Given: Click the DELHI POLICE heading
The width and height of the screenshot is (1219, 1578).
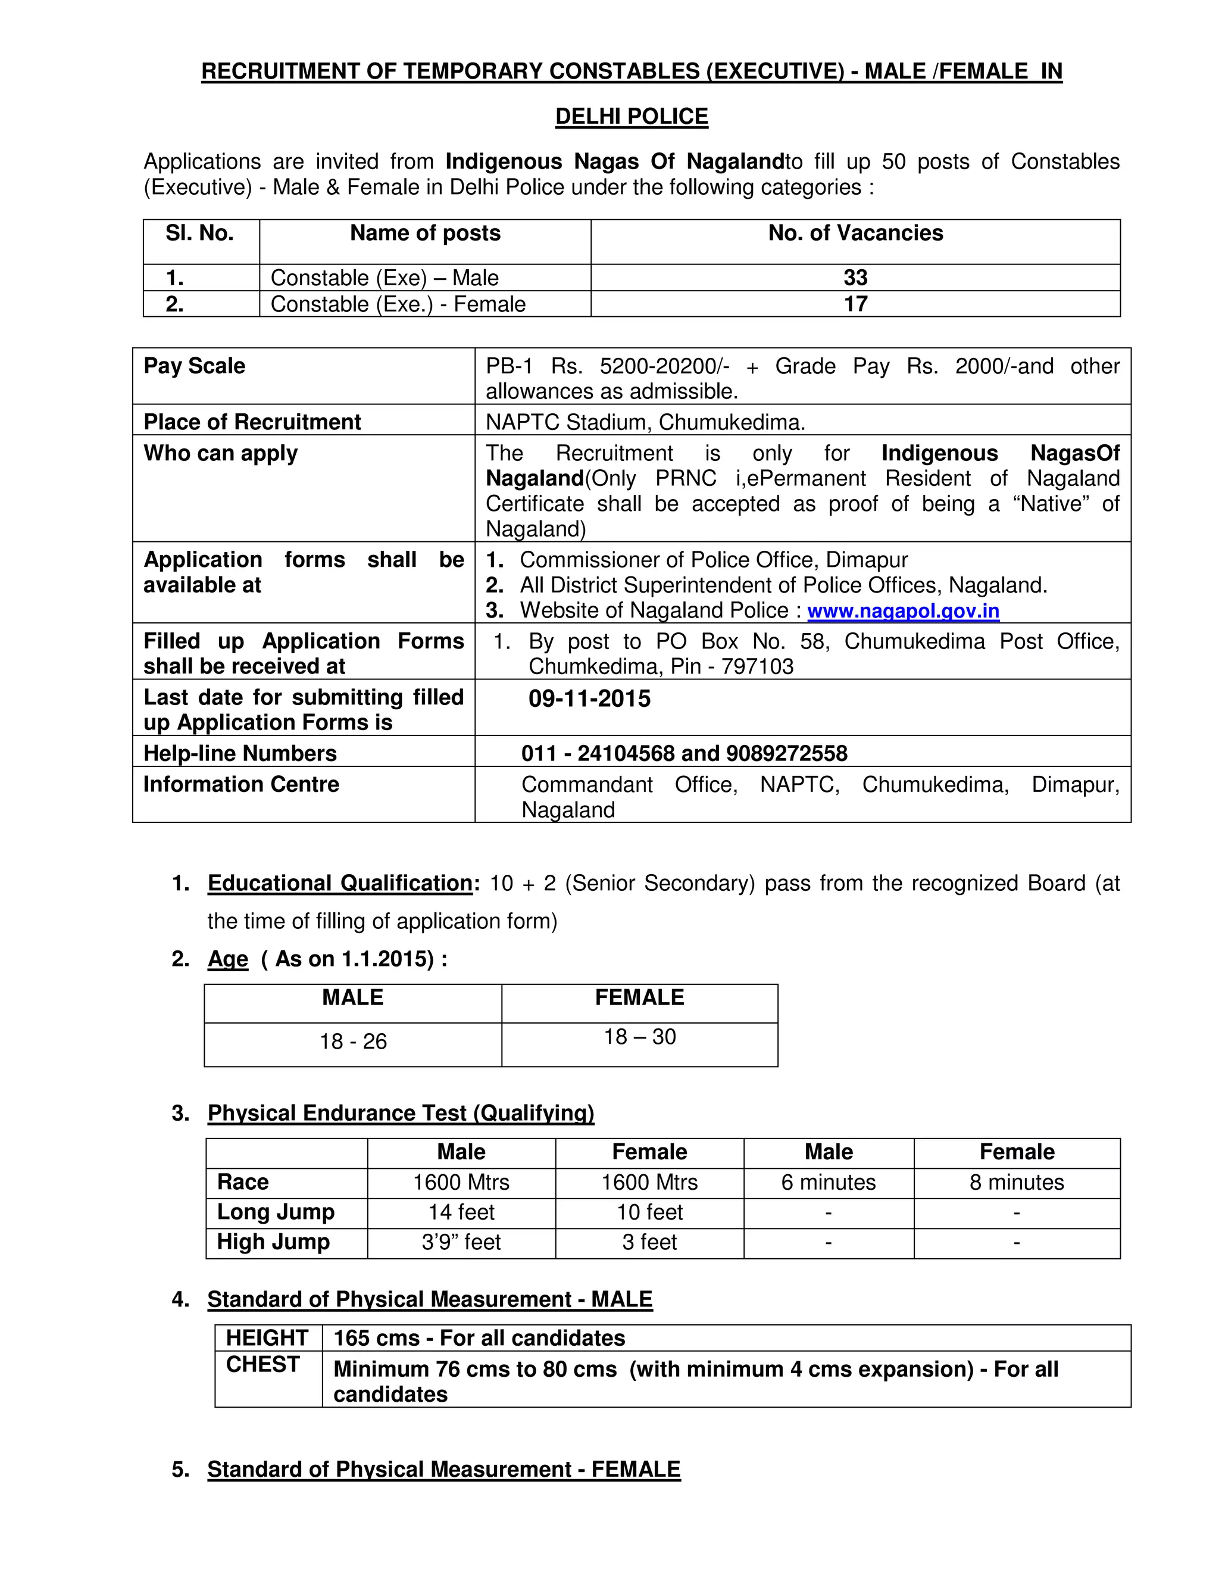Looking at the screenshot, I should [631, 116].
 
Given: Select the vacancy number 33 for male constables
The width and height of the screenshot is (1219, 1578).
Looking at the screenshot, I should [855, 277].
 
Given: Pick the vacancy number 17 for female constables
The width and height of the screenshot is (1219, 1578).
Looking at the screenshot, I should [855, 304].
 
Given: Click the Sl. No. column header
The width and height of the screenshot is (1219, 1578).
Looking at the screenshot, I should [199, 233].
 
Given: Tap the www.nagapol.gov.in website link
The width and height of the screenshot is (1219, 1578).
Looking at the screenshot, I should [903, 610].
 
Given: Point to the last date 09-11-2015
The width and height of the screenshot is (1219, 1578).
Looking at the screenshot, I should [589, 698].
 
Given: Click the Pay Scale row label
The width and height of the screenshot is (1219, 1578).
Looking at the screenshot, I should [194, 366].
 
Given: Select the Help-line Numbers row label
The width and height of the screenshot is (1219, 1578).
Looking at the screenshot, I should [240, 753].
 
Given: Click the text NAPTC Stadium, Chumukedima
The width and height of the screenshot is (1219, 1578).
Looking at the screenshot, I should [645, 422].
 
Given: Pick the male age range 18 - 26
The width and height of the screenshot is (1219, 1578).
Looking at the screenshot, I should [353, 1041].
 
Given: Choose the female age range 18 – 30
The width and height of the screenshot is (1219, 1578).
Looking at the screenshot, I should [640, 1037].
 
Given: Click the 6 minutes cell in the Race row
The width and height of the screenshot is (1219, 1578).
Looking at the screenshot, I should [829, 1182].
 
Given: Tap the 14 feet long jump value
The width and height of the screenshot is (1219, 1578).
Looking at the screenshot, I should [461, 1212].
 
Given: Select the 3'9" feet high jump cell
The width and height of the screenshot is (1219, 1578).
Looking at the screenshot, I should [461, 1242].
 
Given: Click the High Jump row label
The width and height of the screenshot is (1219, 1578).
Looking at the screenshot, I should [273, 1242].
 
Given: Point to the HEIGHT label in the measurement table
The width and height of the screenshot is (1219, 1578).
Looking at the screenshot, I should [267, 1338].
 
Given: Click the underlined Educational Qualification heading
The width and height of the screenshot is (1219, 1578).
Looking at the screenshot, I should [340, 883].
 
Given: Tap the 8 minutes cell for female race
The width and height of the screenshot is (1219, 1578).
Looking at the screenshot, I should [1017, 1182].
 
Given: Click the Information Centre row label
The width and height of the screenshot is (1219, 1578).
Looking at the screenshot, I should [240, 784].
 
